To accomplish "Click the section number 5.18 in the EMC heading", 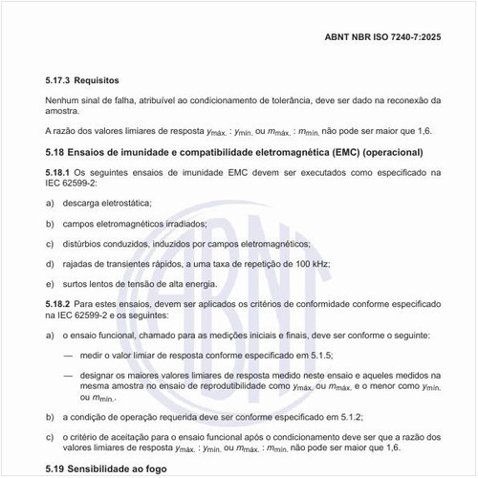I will coord(56,153).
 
